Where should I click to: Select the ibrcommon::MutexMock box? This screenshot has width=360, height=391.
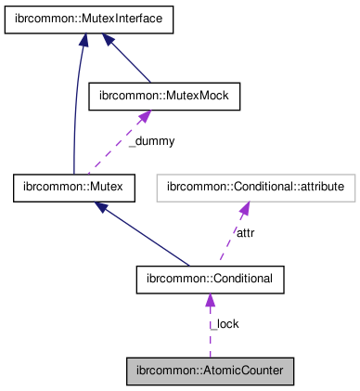pos(163,96)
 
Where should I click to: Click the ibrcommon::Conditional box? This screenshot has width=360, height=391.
pos(210,279)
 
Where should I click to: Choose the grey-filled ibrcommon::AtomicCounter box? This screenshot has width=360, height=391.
pos(210,370)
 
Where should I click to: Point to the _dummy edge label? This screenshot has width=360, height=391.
pos(152,141)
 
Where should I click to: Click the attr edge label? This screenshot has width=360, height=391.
pos(246,232)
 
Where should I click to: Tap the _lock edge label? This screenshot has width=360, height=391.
pos(225,324)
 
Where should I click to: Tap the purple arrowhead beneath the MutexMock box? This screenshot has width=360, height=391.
pos(143,117)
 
